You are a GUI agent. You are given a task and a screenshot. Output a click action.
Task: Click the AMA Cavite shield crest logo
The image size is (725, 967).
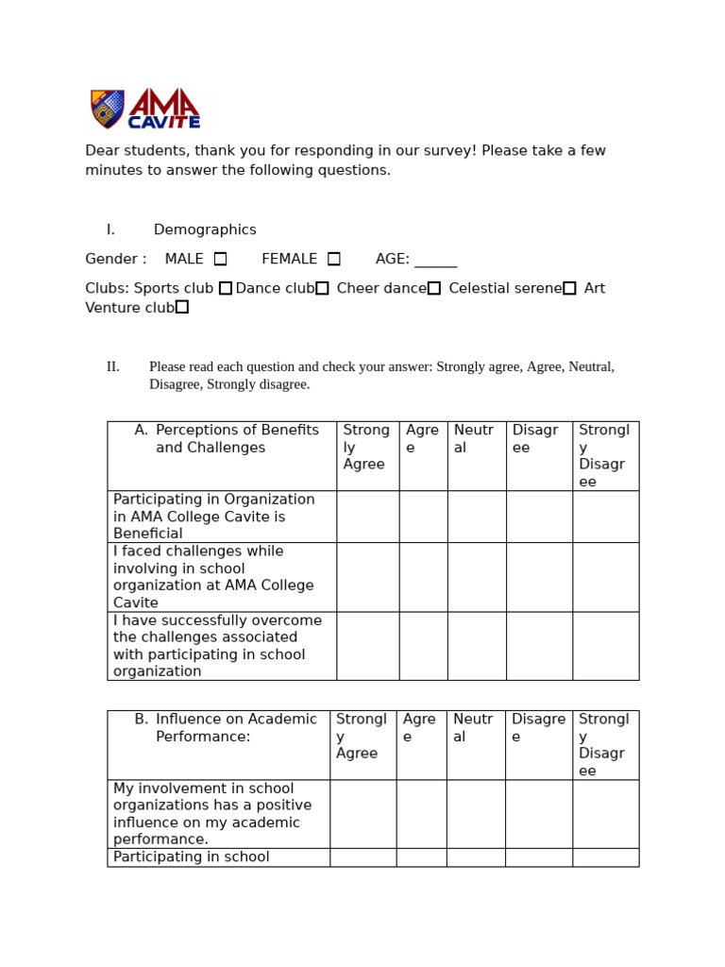pos(107,109)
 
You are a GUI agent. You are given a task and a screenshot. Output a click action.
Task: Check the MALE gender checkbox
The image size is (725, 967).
pos(220,259)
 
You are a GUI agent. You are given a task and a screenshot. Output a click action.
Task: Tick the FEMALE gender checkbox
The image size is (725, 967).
pos(334,259)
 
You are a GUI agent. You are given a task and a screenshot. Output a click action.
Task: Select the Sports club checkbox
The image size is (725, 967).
pos(226,288)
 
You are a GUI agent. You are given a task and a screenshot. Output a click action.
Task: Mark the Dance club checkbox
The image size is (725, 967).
pos(322,288)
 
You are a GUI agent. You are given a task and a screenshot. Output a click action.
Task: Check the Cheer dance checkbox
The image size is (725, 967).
pos(434,288)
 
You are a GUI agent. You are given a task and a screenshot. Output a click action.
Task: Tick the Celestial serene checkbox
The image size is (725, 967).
pos(569,288)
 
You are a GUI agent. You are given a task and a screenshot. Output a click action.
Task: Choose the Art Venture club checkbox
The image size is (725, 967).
pos(182,307)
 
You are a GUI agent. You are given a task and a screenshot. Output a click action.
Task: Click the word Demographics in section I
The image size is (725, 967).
pos(205,229)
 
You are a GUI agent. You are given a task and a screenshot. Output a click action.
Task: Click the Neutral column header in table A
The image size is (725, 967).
pos(474,439)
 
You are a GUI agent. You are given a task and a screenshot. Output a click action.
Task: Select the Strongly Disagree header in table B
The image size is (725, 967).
pos(604,744)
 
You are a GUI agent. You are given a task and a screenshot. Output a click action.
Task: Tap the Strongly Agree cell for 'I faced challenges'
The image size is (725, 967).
pos(367,577)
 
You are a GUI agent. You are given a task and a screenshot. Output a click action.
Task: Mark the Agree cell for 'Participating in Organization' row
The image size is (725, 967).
pos(423,517)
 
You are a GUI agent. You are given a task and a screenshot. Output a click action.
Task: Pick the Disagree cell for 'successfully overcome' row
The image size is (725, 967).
pos(538,646)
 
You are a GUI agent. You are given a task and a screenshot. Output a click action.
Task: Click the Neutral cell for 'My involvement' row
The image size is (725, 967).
pos(476,813)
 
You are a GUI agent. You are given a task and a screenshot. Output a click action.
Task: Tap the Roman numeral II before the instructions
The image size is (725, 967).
pos(113,366)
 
